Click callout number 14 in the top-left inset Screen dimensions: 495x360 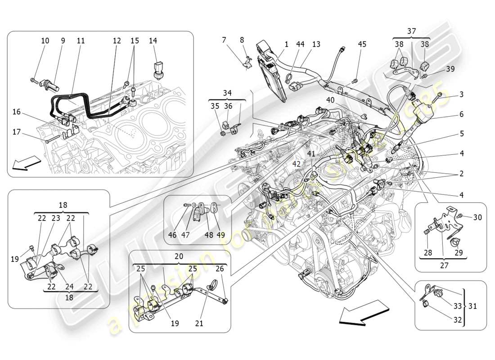tap(153, 40)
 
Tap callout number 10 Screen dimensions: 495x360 tap(45, 40)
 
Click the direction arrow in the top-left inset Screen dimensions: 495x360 tap(23, 165)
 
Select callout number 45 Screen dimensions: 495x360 tap(362, 44)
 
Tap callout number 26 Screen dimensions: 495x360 tap(219, 269)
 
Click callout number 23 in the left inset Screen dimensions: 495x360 tap(55, 217)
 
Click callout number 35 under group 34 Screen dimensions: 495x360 tap(216, 106)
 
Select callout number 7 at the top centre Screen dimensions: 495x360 tap(224, 40)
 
